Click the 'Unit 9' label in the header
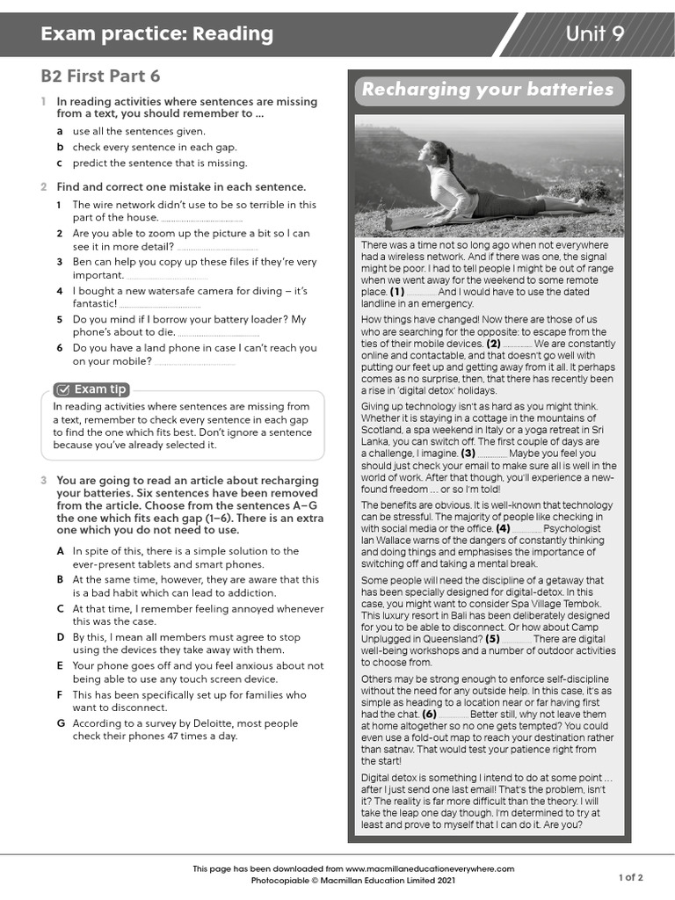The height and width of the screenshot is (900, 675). tap(595, 34)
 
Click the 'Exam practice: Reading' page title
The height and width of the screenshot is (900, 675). tap(157, 34)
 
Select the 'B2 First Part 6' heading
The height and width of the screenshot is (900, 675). tap(100, 76)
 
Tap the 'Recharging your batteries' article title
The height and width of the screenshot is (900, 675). tap(488, 90)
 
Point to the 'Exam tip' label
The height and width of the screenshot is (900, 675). tap(100, 388)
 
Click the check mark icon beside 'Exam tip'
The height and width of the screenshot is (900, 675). tap(62, 389)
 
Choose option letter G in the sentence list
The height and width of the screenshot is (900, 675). tap(61, 723)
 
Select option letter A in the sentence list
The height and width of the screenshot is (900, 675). tap(61, 551)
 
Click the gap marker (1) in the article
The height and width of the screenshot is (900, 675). tap(397, 292)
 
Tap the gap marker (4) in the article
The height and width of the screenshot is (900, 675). tap(503, 529)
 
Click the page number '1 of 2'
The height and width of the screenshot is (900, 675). tap(631, 876)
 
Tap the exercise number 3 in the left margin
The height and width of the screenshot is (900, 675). tap(44, 481)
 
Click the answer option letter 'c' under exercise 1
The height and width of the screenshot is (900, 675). tap(60, 163)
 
